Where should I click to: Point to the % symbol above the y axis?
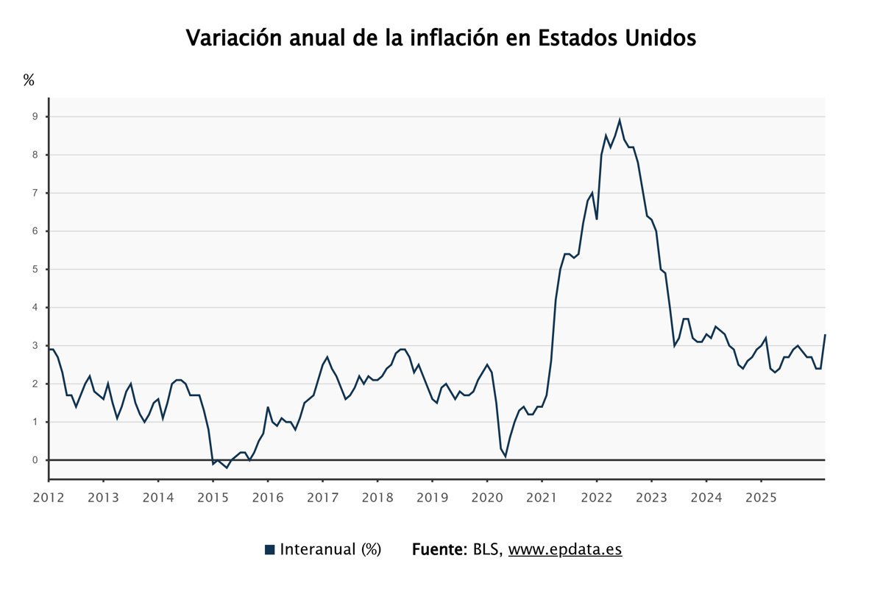tap(29, 80)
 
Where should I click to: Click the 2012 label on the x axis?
tap(49, 497)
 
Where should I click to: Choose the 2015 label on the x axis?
tap(213, 497)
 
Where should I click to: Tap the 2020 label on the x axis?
tap(487, 497)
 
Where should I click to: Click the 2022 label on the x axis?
tap(597, 497)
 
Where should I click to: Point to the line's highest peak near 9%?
tap(620, 120)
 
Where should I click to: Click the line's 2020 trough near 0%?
tap(505, 456)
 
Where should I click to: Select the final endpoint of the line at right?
tap(825, 335)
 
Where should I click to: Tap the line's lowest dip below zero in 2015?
tap(227, 468)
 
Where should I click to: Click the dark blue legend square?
tap(269, 549)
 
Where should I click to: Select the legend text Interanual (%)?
tap(330, 549)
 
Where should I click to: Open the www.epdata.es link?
tap(565, 549)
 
